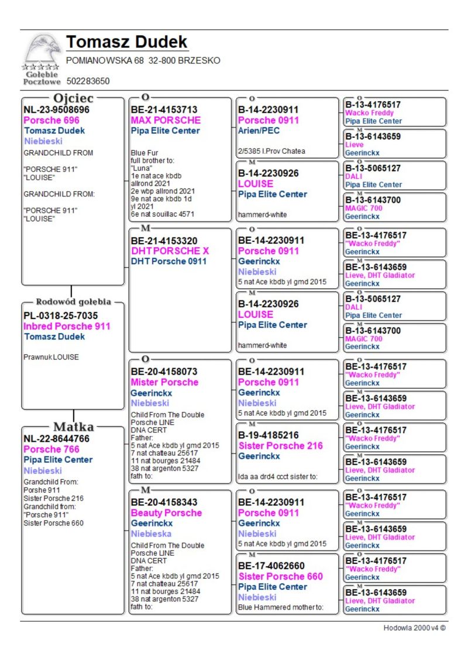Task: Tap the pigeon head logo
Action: point(42,50)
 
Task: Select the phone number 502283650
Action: point(88,81)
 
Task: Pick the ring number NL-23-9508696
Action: point(56,109)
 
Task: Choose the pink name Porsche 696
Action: point(51,120)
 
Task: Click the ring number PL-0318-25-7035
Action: point(60,316)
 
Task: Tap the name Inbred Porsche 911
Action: point(67,326)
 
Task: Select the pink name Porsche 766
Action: point(51,449)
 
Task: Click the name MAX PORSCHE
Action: point(166,120)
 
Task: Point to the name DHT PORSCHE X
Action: point(170,251)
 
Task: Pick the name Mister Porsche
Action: point(164,382)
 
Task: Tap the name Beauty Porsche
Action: point(166,513)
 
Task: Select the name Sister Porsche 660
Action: point(280,576)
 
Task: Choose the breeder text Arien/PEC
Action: point(259,130)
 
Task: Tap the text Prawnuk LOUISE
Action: point(51,357)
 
